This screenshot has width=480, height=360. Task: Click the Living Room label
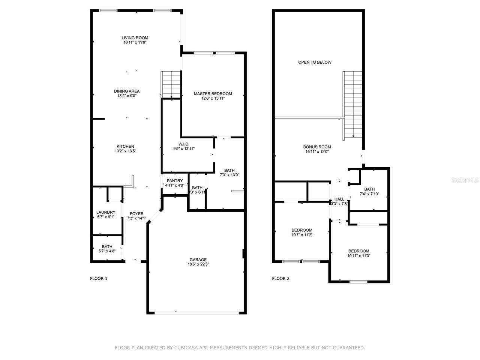(x=135, y=38)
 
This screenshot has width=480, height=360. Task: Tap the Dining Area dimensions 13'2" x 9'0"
(x=127, y=96)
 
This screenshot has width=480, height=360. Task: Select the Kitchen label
(x=125, y=147)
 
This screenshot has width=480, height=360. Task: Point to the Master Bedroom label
(x=213, y=94)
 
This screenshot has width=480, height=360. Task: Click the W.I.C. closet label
(x=184, y=144)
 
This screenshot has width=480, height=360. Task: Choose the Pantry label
(x=175, y=181)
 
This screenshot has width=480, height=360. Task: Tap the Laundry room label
(x=106, y=212)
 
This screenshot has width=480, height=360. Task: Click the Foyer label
(x=137, y=214)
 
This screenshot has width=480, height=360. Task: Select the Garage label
(x=198, y=259)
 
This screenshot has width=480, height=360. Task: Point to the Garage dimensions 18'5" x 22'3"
(x=198, y=264)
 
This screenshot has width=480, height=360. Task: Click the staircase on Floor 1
(x=171, y=84)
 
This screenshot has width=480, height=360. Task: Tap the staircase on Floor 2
(x=353, y=103)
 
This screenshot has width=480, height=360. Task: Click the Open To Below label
(x=315, y=62)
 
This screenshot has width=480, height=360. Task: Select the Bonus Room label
(x=317, y=147)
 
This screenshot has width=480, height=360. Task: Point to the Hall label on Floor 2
(x=339, y=199)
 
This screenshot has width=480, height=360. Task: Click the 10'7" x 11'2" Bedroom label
(x=302, y=230)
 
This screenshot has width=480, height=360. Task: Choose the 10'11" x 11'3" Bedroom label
(x=358, y=251)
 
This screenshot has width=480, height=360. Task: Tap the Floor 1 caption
(x=99, y=279)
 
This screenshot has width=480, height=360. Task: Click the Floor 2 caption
(x=280, y=279)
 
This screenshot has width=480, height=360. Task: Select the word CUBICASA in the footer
(x=186, y=348)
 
